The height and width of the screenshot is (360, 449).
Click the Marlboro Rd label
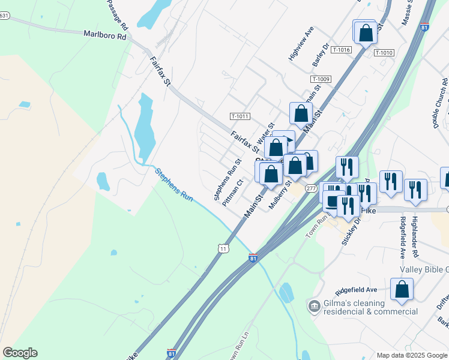pos(105,35)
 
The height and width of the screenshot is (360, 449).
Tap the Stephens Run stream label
pos(174,184)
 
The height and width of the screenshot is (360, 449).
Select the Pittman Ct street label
pos(232,193)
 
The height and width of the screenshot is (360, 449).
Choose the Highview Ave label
pos(301,44)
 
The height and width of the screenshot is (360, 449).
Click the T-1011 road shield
pos(240,116)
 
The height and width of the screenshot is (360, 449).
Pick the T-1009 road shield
pos(321,79)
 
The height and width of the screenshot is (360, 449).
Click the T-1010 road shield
pos(384,53)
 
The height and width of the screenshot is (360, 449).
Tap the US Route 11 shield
pos(223,248)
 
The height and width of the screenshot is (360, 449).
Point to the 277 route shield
pos(310,188)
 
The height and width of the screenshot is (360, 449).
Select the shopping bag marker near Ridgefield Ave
pos(402,289)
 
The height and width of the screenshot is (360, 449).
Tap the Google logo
pos(20,353)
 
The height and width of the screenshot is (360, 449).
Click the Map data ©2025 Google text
pos(411,355)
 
